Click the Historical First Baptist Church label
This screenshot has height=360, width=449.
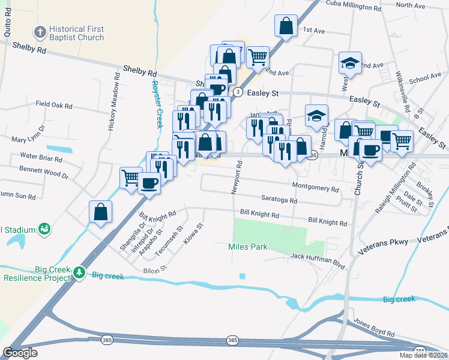coord(76,33)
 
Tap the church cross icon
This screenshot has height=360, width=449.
coord(40,32)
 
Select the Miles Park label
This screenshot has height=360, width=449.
coord(247,247)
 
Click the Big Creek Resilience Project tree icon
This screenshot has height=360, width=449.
coord(79,273)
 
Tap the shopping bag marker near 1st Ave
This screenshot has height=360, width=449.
coord(286,26)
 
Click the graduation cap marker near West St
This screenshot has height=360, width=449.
coord(349,62)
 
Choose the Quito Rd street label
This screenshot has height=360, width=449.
coord(7,26)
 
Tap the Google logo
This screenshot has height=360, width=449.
coord(20,353)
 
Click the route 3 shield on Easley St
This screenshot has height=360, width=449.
coord(238,92)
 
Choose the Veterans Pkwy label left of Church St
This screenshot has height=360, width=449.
coord(384,242)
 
